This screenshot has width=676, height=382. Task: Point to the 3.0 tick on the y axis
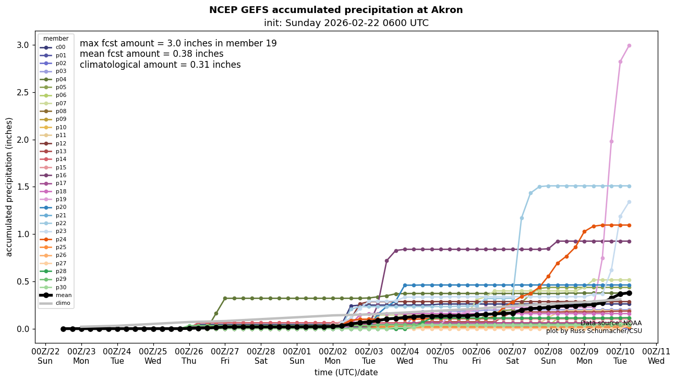[x=22, y=45]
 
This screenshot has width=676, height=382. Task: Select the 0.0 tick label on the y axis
[x=22, y=329]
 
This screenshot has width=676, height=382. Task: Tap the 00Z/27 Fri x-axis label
[x=225, y=355]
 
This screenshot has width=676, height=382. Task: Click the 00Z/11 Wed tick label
[x=656, y=355]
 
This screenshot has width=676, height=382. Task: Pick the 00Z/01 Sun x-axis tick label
[x=297, y=355]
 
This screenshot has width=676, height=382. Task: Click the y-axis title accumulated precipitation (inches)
[x=9, y=187]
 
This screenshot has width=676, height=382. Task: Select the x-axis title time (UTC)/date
[x=346, y=373]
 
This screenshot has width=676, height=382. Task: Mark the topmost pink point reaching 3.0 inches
[x=629, y=45]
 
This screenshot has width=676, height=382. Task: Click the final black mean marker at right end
[x=629, y=293]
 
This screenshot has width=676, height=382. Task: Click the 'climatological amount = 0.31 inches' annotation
[x=160, y=65]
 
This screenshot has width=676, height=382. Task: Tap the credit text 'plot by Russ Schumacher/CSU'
[x=594, y=331]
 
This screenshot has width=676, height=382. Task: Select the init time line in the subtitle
[x=346, y=23]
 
